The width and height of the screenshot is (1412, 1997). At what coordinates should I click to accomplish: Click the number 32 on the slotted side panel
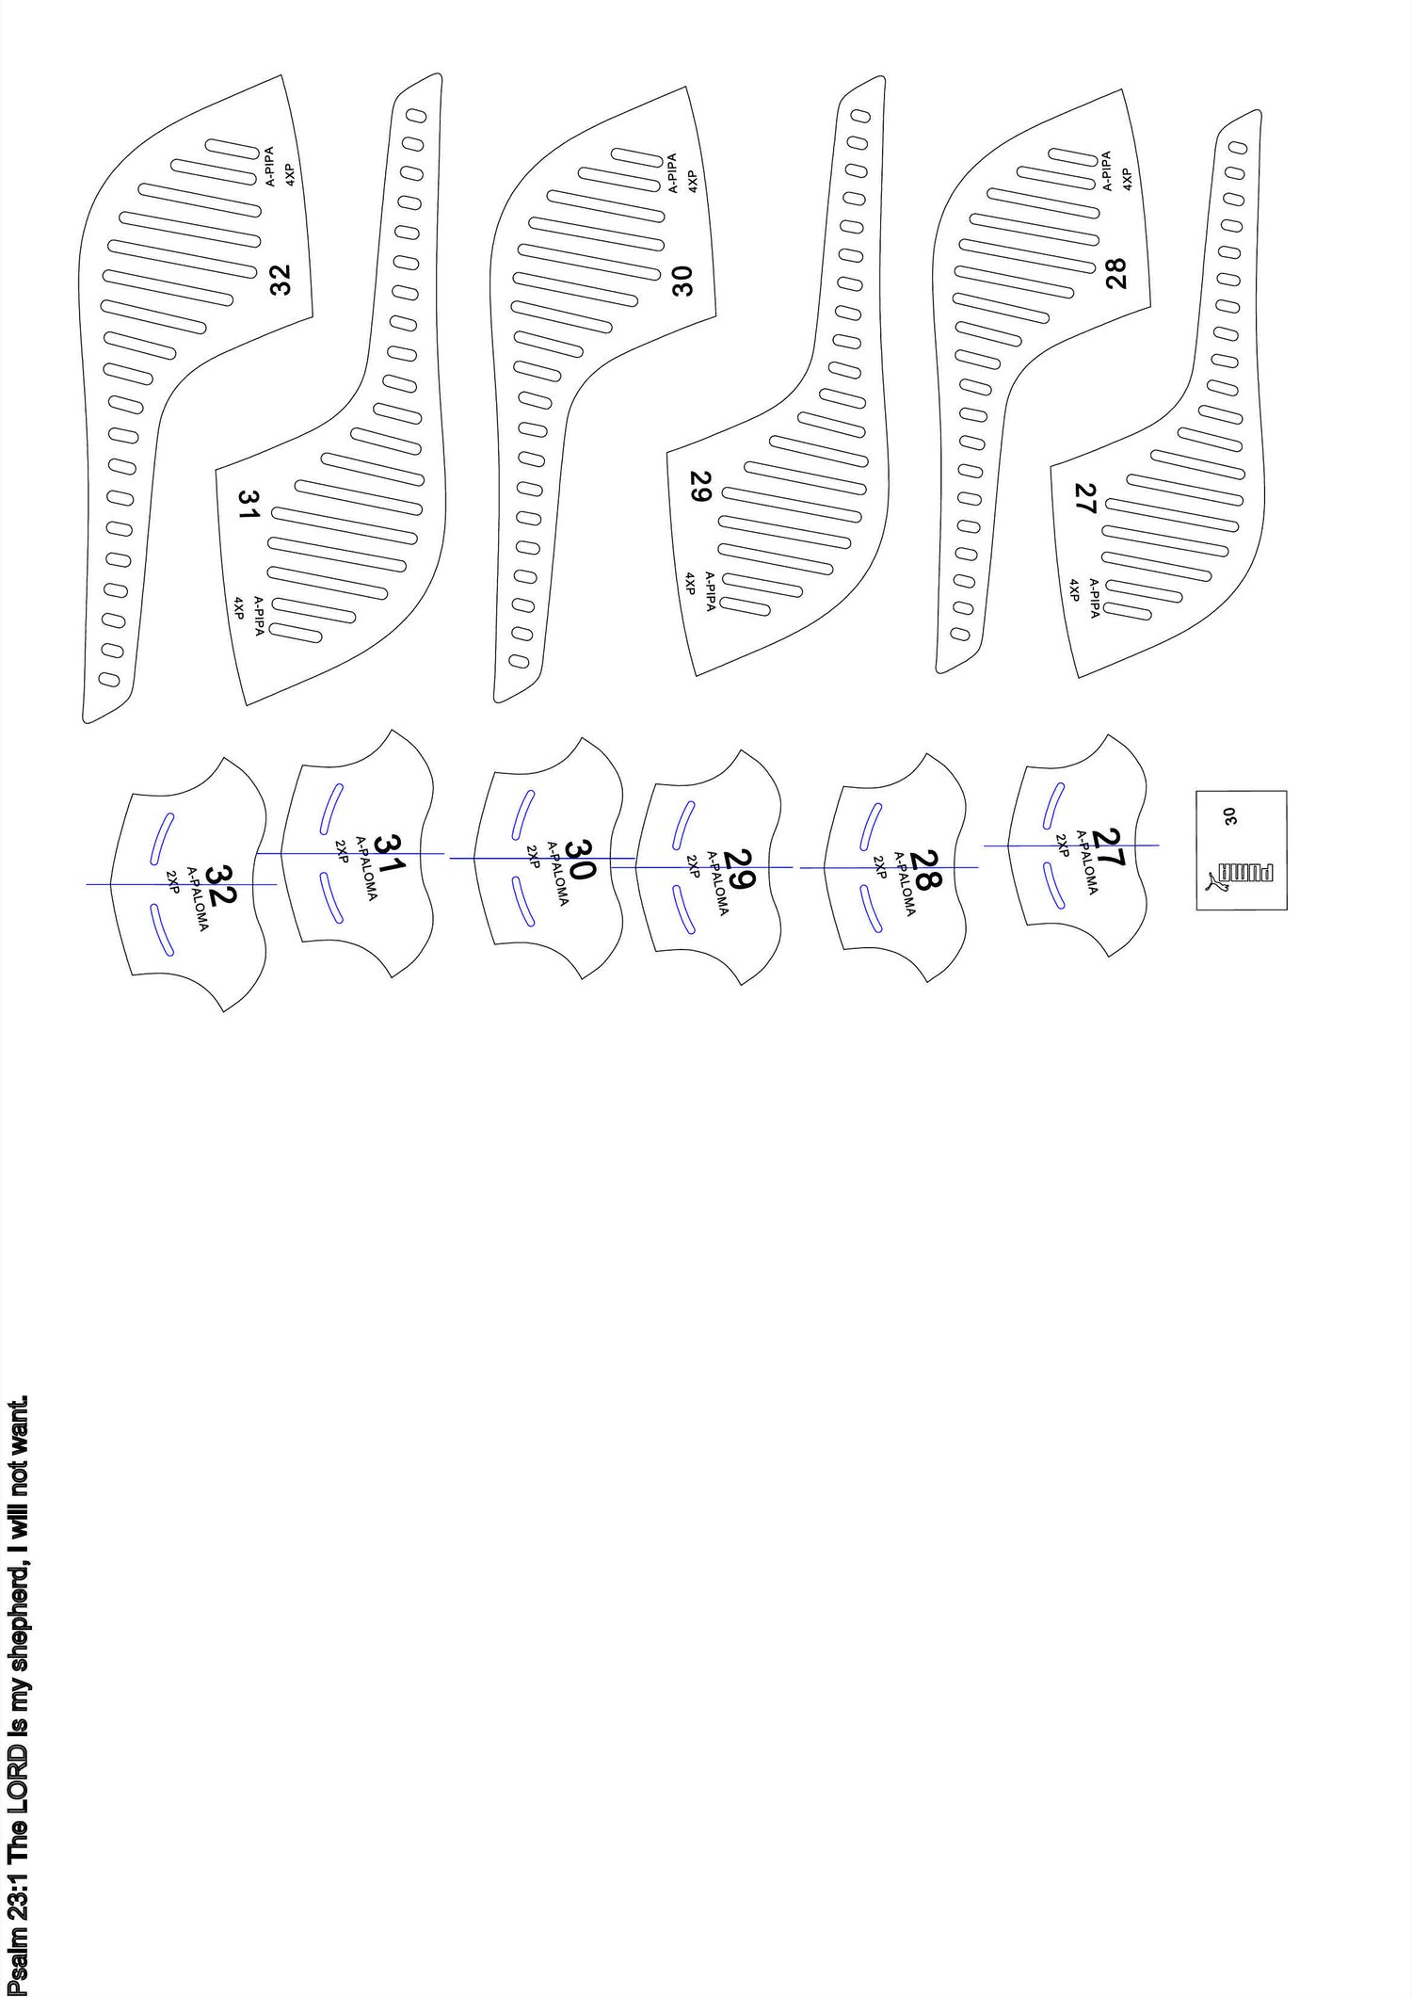[x=281, y=280]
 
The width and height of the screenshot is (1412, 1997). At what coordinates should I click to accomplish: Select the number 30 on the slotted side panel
[x=683, y=281]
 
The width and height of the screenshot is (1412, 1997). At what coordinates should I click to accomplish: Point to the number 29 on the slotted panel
[x=700, y=487]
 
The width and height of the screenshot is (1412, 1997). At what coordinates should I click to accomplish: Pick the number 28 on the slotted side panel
[x=1116, y=274]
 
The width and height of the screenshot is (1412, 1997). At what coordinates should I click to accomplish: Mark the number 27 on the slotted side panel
[x=1085, y=498]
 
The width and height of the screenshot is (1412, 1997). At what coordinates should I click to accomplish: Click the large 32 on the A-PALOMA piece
[x=219, y=887]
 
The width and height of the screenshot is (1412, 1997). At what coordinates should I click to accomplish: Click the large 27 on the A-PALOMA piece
[x=1111, y=847]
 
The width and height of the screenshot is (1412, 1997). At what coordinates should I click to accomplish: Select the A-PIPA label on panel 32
[x=269, y=166]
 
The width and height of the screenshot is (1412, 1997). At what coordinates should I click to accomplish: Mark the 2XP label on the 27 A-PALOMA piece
[x=1061, y=846]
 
